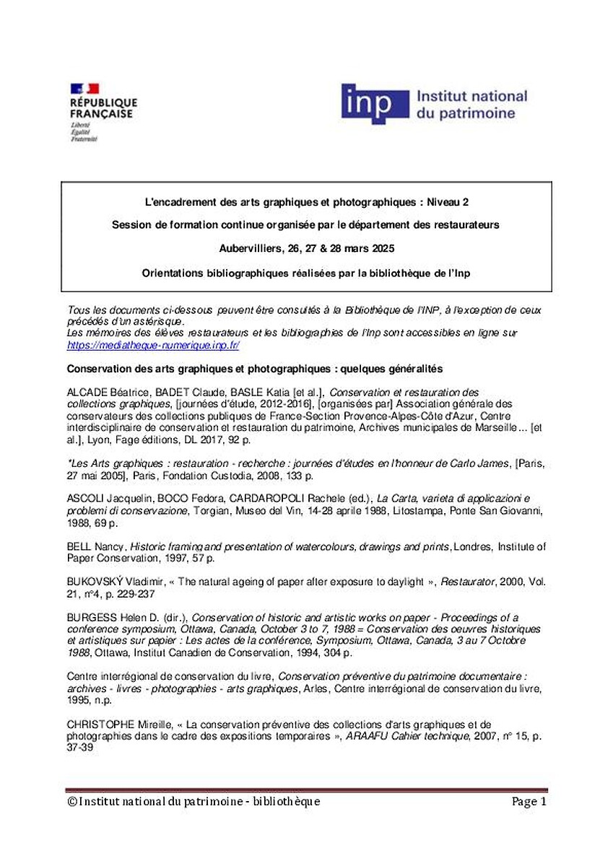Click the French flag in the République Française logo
[84, 89]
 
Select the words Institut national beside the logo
[471, 96]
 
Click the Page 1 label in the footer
[529, 801]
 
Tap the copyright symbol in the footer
[71, 802]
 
